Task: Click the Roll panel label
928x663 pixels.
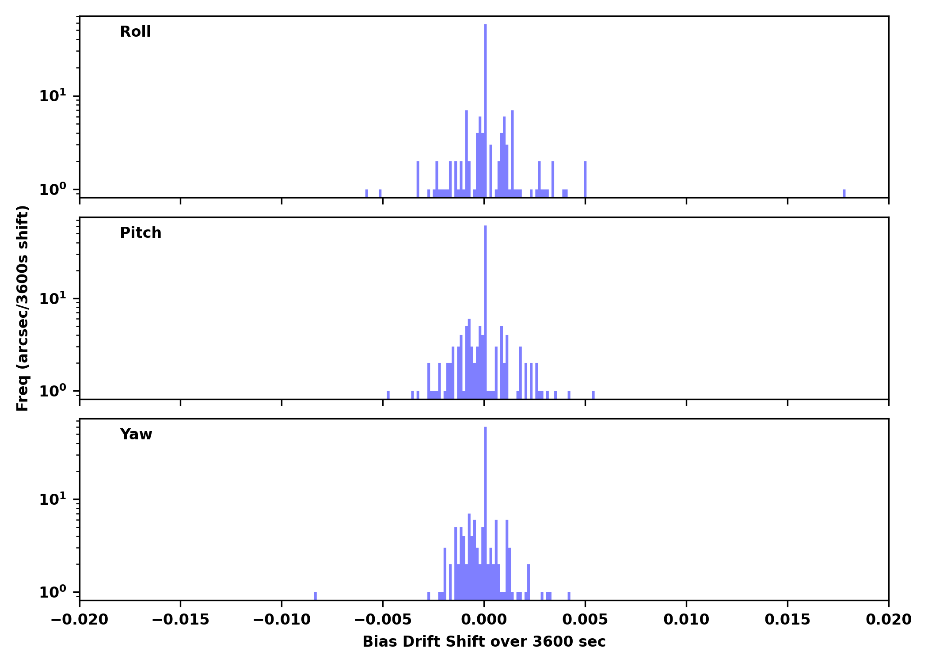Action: point(135,32)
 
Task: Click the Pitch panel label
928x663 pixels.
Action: point(141,233)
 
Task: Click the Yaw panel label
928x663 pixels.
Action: point(136,434)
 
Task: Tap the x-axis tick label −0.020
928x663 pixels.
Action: point(80,620)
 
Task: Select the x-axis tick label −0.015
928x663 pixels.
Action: point(180,620)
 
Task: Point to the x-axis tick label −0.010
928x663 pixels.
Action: point(281,620)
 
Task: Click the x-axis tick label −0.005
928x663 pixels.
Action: point(383,620)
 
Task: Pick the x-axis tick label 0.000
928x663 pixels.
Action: point(484,620)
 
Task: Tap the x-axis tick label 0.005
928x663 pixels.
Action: point(585,620)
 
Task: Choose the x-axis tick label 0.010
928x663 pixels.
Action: point(686,620)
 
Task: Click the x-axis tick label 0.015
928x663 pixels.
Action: point(787,620)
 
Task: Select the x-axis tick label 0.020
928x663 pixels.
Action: point(888,620)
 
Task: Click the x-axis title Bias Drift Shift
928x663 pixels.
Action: point(484,642)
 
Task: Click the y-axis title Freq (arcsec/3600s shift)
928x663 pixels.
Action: point(23,308)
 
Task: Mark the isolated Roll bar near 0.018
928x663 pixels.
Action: point(844,194)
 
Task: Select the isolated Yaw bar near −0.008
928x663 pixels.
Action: point(315,596)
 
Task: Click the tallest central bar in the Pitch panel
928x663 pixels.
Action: point(485,309)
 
